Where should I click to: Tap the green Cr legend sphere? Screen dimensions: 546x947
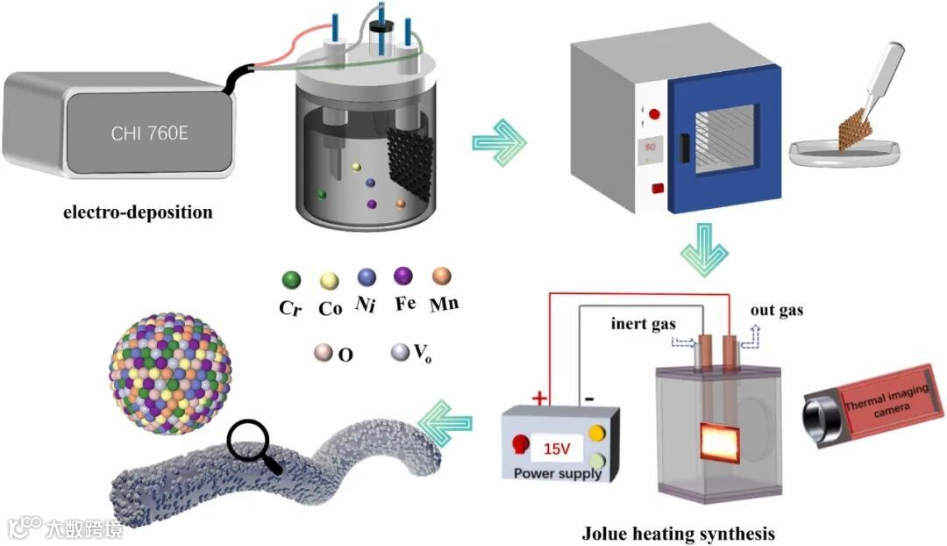coord(291,280)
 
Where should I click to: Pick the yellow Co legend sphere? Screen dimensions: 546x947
coord(329,280)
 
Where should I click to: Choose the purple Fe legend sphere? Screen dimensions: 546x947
coord(404,278)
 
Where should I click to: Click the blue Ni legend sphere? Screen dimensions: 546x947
coord(367,278)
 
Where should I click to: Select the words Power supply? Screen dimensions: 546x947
coord(558,473)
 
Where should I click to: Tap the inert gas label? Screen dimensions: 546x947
coord(644,323)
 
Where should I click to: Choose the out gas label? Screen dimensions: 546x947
coord(777,310)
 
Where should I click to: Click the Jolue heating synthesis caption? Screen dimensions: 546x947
coord(679,533)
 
